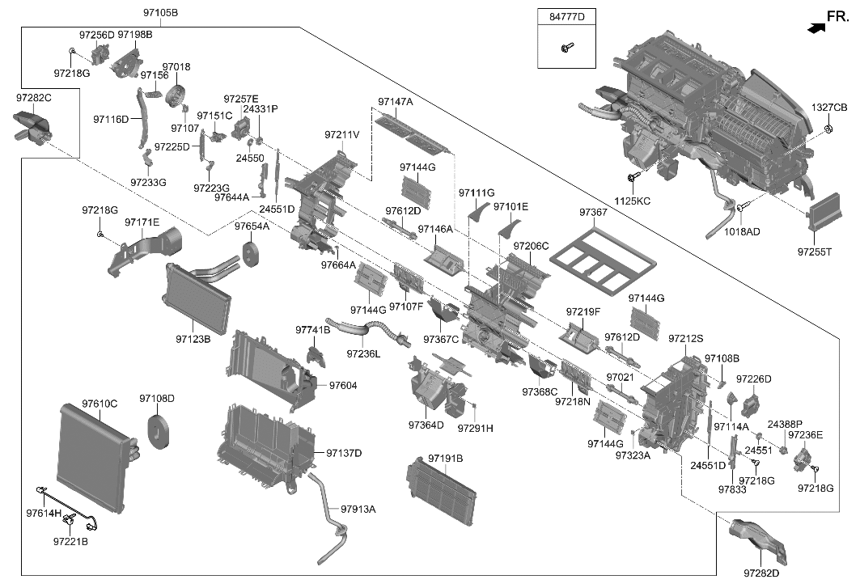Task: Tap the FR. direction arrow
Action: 817,27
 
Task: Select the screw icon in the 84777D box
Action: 564,49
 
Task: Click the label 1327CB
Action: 829,108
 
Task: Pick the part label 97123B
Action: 193,339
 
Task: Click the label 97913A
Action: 358,509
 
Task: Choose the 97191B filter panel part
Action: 443,489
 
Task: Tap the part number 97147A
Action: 395,102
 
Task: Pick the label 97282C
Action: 34,98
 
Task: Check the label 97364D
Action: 426,425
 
